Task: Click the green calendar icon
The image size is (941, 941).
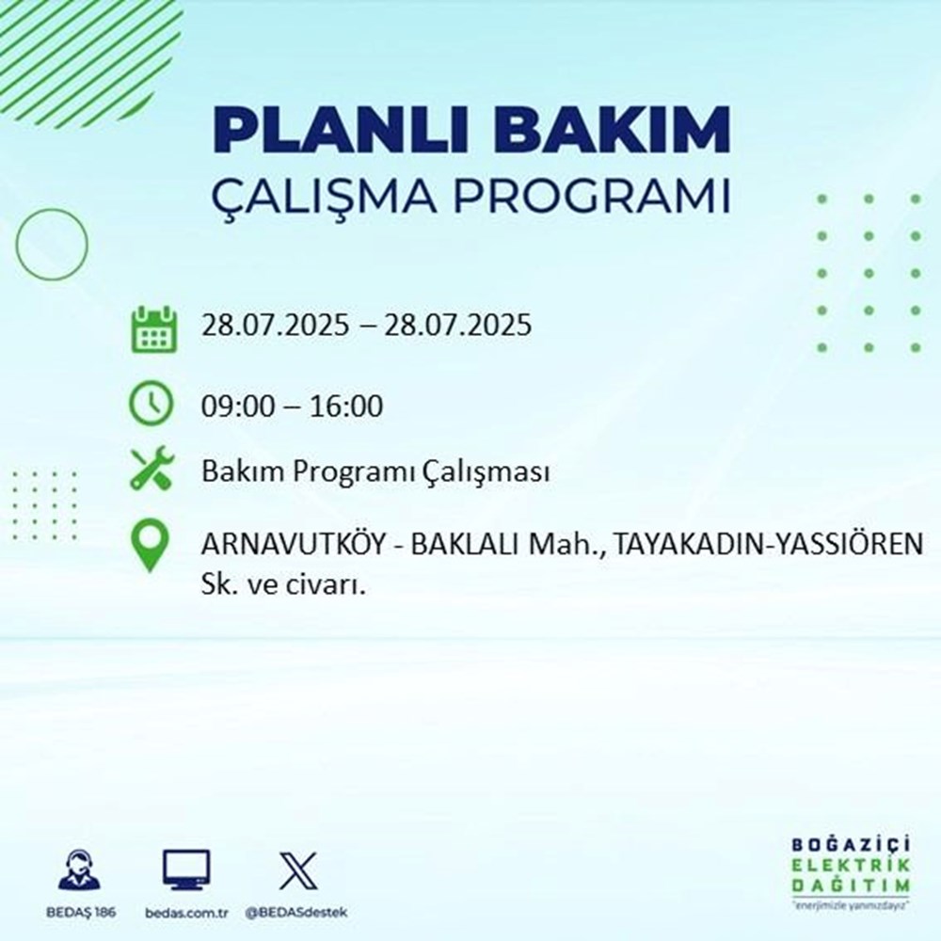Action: click(x=152, y=327)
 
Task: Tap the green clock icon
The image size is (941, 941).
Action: click(x=152, y=406)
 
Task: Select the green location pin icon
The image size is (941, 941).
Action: click(x=152, y=547)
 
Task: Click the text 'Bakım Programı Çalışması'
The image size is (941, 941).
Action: click(x=375, y=471)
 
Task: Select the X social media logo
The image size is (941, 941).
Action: click(x=297, y=869)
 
